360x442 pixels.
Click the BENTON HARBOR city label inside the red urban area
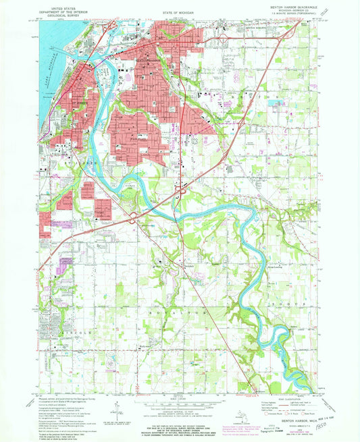(x=149, y=62)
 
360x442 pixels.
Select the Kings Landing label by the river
(x=265, y=266)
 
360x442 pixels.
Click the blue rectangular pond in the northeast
(x=276, y=103)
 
